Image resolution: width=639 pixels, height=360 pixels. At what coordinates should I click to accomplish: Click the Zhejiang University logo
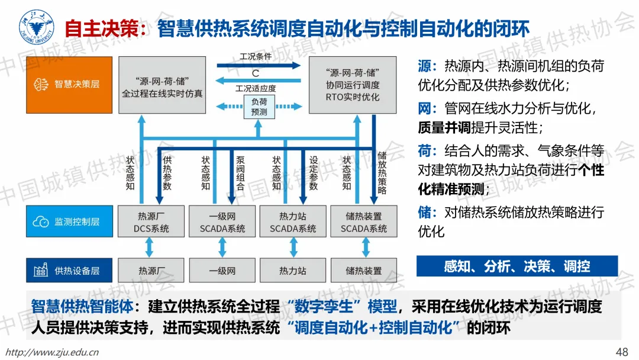pyautogui.click(x=35, y=27)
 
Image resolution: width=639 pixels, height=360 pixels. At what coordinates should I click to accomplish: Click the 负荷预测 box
pyautogui.click(x=259, y=107)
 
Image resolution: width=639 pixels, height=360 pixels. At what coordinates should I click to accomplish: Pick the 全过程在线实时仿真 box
pyautogui.click(x=162, y=84)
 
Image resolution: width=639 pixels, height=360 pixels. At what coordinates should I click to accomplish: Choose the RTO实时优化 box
pyautogui.click(x=352, y=84)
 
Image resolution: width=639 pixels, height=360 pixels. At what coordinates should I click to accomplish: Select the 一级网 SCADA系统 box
pyautogui.click(x=222, y=222)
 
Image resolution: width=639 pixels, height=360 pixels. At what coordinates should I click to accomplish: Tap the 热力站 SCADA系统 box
pyautogui.click(x=293, y=222)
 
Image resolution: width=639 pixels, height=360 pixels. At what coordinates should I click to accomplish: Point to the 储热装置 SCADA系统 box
pyautogui.click(x=363, y=222)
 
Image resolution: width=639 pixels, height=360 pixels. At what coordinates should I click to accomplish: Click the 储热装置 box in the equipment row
pyautogui.click(x=363, y=271)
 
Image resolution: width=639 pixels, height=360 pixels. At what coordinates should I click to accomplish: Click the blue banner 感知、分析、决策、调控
pyautogui.click(x=517, y=266)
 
